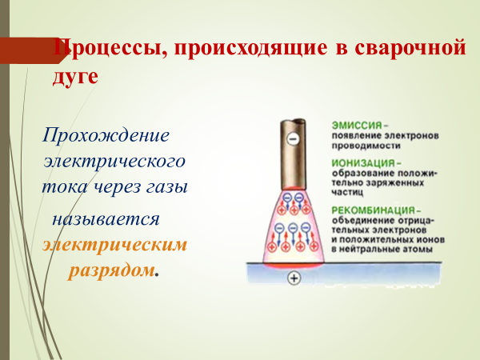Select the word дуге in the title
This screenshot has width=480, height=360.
click(75, 76)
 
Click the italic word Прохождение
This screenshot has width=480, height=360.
click(106, 135)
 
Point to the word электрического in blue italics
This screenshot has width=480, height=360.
click(114, 161)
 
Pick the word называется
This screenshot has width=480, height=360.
click(106, 219)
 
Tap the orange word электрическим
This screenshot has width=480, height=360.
click(114, 245)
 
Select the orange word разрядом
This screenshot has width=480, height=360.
click(111, 270)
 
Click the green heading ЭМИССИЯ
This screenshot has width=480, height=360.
click(357, 126)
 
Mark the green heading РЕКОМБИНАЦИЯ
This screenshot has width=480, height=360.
click(374, 210)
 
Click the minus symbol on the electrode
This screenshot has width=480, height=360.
click(293, 139)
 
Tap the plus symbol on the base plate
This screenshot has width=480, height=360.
click(294, 278)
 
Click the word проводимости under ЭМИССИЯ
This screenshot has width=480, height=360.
click(366, 146)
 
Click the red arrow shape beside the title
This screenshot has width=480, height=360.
click(33, 50)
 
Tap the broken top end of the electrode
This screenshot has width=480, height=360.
click(293, 121)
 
